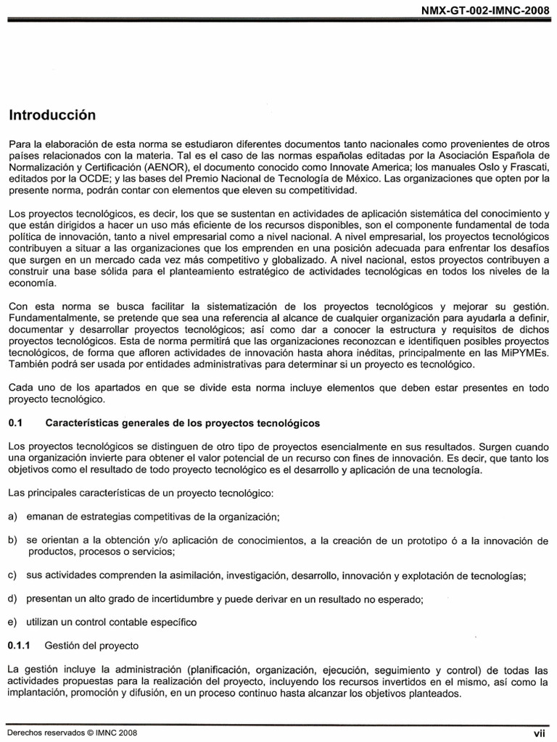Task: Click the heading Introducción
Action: click(52, 114)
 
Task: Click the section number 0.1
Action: click(16, 422)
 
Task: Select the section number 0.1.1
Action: click(20, 644)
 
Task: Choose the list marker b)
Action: click(12, 541)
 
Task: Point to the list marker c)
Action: click(12, 575)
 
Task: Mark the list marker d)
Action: click(12, 599)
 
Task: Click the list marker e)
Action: click(12, 622)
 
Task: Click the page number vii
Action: click(539, 733)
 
